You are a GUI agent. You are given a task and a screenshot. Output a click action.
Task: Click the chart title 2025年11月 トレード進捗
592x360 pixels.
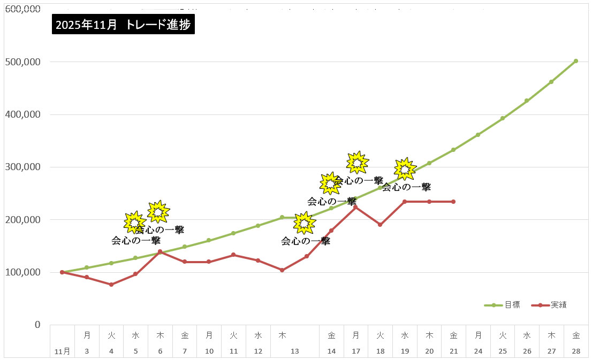pos(123,25)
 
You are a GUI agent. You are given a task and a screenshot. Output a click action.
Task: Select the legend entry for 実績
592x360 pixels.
pos(559,305)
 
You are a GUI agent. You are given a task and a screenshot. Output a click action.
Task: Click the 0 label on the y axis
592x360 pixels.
pos(37,325)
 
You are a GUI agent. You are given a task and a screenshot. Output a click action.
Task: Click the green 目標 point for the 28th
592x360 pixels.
pos(575,61)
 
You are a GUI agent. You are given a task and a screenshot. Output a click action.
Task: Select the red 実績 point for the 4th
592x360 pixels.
pos(111,285)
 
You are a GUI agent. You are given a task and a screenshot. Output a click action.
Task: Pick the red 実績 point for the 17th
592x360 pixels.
pos(355,207)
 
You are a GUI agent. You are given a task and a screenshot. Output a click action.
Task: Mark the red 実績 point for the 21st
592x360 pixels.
pos(453,202)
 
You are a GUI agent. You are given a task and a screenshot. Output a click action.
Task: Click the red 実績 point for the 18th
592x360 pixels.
pos(380,225)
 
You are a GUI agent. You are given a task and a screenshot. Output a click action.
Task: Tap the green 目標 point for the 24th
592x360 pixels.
pos(478,135)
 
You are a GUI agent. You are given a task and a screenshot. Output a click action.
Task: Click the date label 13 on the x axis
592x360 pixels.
pos(294,351)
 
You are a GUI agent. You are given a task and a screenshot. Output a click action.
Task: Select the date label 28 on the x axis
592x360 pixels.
pos(575,351)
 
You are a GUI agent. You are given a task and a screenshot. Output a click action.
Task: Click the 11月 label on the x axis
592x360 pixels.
pos(62,351)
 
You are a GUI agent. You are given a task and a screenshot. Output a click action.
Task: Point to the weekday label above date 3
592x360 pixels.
pos(87,335)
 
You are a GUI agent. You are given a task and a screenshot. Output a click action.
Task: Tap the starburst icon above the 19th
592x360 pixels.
pos(405,169)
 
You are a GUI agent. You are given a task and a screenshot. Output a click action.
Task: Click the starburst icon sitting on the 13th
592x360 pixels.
pos(304,223)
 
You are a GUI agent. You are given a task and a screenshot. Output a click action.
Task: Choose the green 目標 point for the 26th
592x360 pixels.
pos(527,101)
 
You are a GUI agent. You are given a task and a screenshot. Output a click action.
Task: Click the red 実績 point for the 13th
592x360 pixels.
pos(307,256)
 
